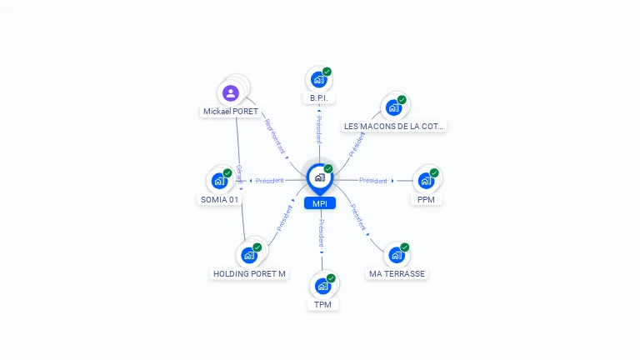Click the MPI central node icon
(318, 177)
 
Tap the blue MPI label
(319, 203)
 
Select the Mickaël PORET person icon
(231, 92)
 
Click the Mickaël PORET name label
(231, 112)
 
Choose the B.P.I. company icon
(318, 79)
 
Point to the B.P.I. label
(318, 98)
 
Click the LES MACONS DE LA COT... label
(394, 127)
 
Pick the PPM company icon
(426, 180)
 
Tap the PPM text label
(426, 199)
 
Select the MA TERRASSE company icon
(396, 254)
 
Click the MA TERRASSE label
(397, 273)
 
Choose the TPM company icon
(322, 285)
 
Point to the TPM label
(322, 304)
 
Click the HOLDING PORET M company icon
(249, 254)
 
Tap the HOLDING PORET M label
(249, 273)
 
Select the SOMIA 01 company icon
(219, 180)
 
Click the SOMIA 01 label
(220, 199)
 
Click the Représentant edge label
(275, 137)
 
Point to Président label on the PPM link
(372, 181)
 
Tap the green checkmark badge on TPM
(331, 278)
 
